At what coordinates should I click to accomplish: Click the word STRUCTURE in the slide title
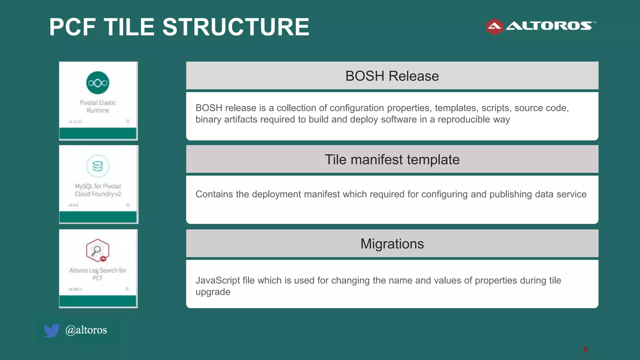coord(236,27)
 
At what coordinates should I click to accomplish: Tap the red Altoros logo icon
coord(494,27)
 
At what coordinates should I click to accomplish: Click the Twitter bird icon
coord(52,330)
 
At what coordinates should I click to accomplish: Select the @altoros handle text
coord(86,330)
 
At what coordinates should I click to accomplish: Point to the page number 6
coord(585,350)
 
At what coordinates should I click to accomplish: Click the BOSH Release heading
coord(392,76)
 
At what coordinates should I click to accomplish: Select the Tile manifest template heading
coord(392,160)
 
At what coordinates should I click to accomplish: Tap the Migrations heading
coord(392,244)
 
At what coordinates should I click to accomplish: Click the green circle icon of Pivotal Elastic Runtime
coord(98,83)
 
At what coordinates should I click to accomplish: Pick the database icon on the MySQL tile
coord(98,166)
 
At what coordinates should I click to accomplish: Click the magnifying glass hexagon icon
coord(97,250)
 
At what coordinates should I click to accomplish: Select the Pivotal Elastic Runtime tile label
coord(98,107)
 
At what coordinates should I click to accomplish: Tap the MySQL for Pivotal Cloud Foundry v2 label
coord(98,190)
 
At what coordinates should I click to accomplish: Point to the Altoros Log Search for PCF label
coord(98,274)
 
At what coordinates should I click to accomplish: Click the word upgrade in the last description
coord(213,292)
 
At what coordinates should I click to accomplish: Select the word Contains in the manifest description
coord(214,194)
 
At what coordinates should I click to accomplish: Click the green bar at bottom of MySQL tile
coord(98,217)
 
